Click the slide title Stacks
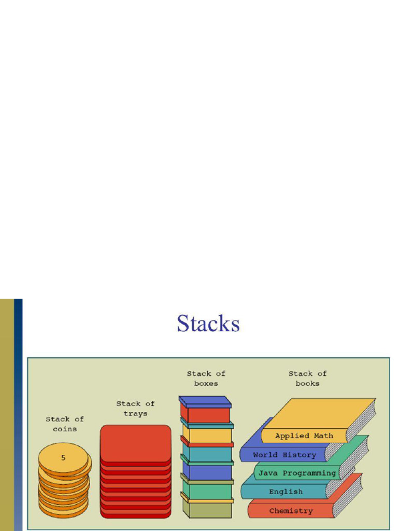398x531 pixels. (x=208, y=324)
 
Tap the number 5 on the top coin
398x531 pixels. (x=63, y=458)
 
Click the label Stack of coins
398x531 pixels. (x=64, y=424)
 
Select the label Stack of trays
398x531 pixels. (x=135, y=408)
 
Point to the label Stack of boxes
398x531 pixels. (x=206, y=378)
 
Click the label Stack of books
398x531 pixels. (x=307, y=378)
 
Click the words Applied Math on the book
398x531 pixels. (x=304, y=436)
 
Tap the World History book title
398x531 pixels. (x=284, y=455)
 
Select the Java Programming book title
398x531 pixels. (x=297, y=473)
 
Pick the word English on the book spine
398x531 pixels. (x=286, y=492)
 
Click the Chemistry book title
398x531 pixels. (x=291, y=511)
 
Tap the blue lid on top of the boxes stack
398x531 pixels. (x=205, y=401)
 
